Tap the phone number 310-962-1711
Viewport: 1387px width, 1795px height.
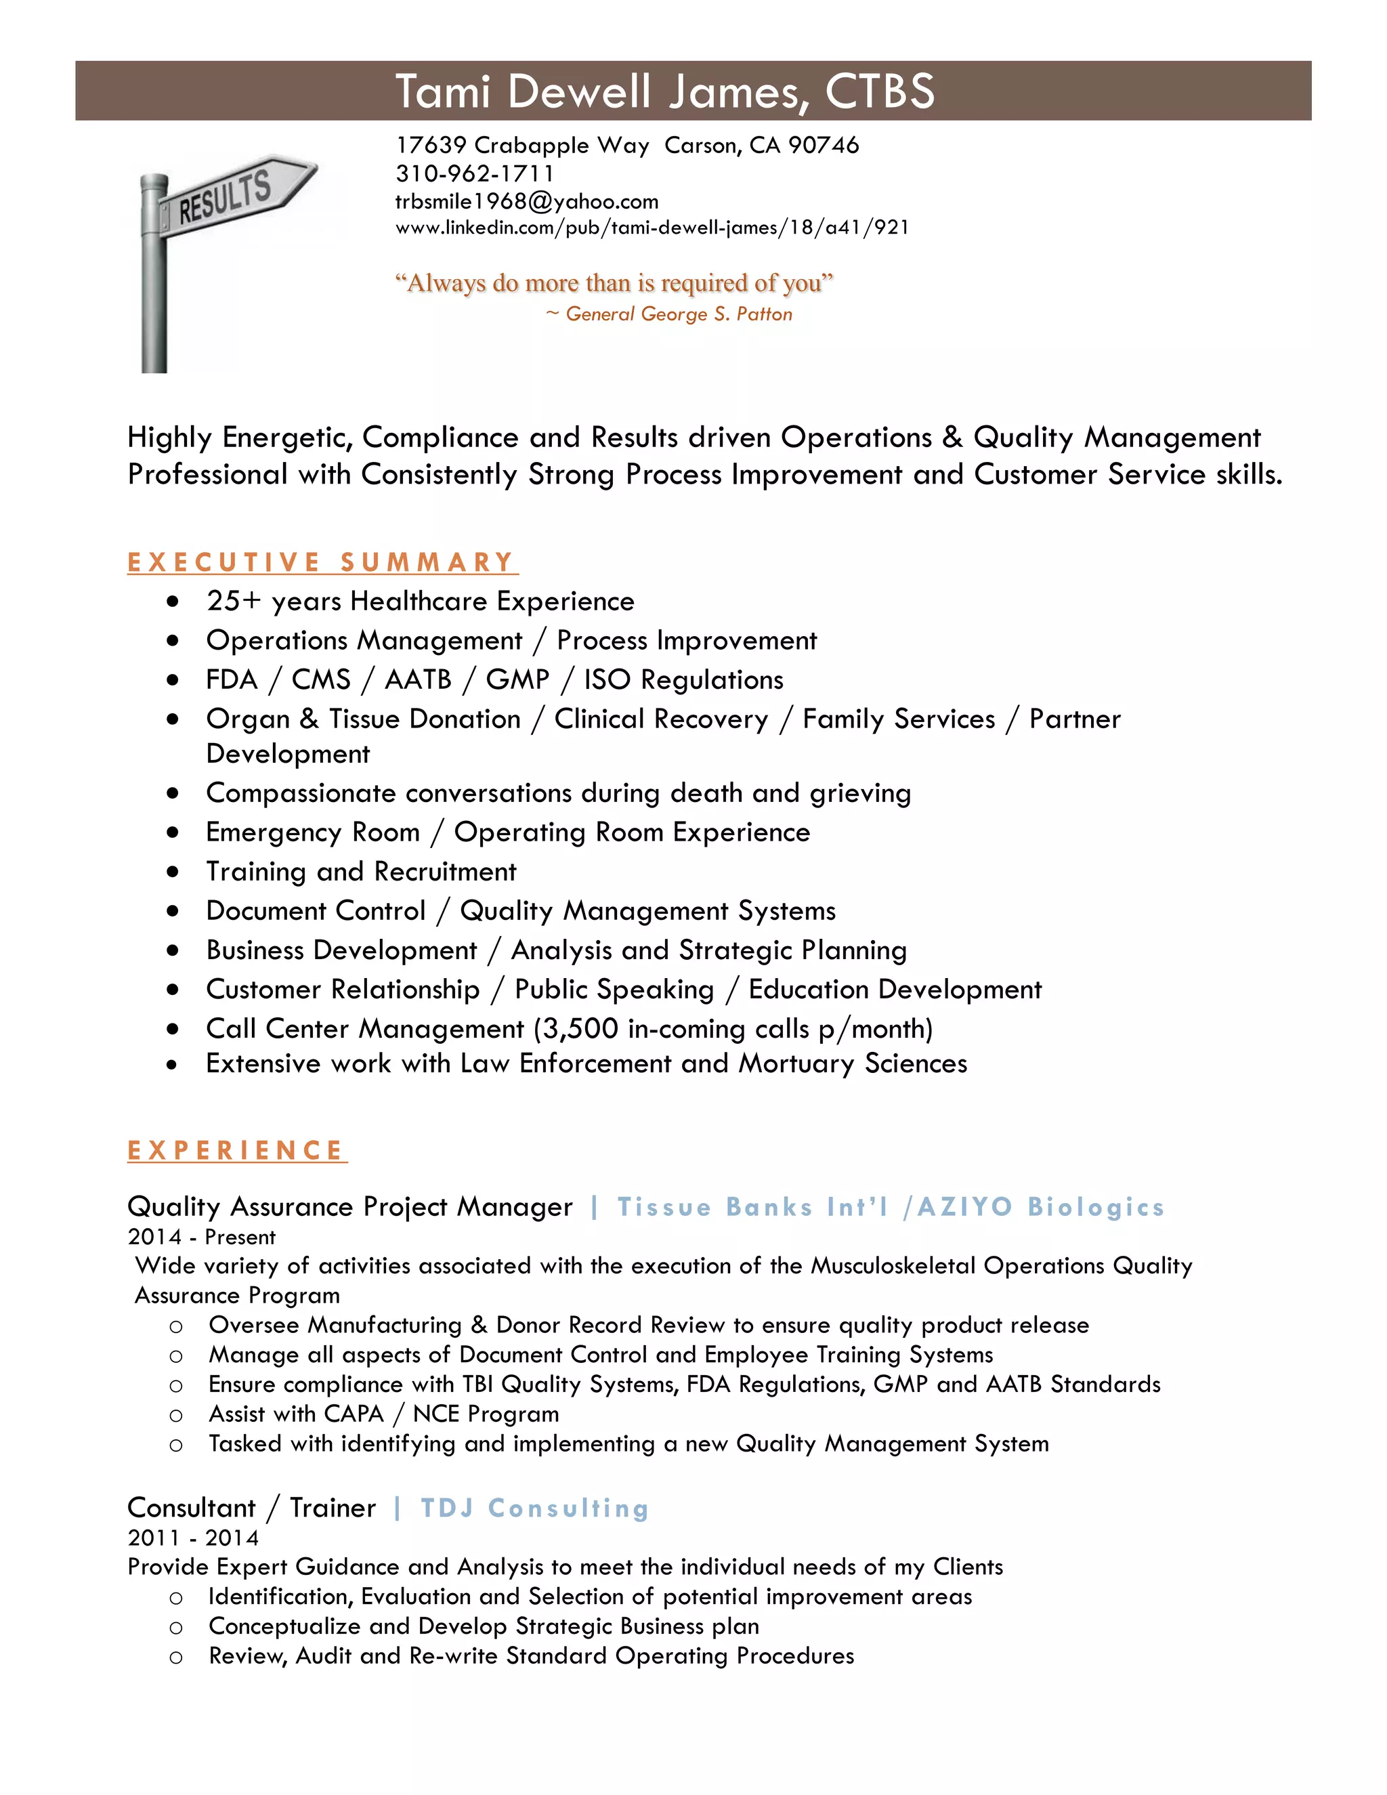tap(475, 173)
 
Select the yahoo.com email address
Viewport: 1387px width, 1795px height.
tap(527, 201)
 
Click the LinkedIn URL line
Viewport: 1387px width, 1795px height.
tap(652, 228)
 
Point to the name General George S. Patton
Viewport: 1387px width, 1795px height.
tap(679, 314)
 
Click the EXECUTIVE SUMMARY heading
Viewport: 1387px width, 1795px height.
tap(321, 562)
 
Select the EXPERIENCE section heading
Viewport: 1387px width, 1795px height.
tap(236, 1150)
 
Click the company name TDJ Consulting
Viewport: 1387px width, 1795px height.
tap(535, 1508)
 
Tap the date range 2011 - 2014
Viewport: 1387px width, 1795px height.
tap(193, 1538)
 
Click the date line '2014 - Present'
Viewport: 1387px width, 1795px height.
tap(201, 1237)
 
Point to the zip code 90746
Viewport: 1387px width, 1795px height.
tap(824, 146)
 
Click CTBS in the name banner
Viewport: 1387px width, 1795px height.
tap(880, 91)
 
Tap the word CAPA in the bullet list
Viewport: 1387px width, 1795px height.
tap(354, 1414)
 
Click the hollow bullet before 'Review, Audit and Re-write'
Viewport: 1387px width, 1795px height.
tap(176, 1657)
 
